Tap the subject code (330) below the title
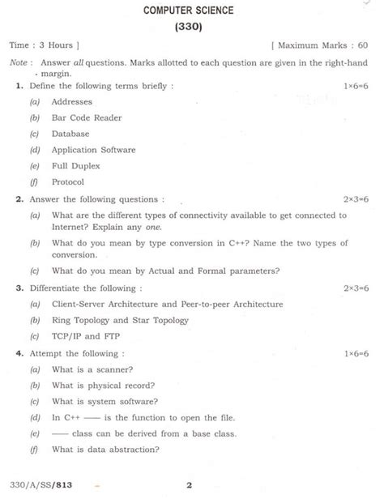[x=188, y=28]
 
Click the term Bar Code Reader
[x=87, y=117]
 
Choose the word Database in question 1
[x=70, y=134]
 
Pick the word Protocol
[x=68, y=181]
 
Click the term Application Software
[x=93, y=150]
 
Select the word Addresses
[x=72, y=102]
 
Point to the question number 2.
[x=18, y=198]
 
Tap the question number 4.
[x=18, y=353]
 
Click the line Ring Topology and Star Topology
[x=120, y=320]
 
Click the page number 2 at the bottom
[x=189, y=486]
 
